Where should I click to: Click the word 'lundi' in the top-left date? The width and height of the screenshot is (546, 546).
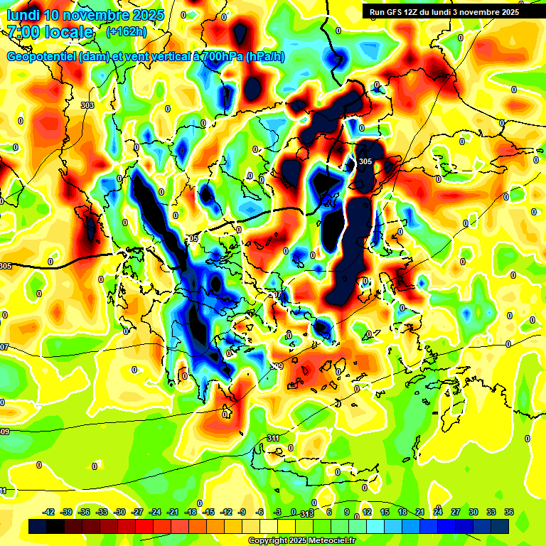pos(23,15)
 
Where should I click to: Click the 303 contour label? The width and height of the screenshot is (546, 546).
pos(87,105)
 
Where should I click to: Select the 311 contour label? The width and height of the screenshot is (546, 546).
pos(274,438)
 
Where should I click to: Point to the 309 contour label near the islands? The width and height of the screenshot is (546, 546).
pos(277,366)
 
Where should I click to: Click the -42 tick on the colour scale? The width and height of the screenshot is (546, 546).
pos(50,512)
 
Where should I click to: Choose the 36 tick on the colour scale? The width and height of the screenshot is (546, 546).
pos(508,512)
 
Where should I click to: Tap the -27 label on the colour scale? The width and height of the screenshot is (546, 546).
pos(138,512)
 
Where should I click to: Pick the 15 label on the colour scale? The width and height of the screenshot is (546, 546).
pos(385,512)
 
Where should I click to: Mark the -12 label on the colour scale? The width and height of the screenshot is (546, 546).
pos(226,512)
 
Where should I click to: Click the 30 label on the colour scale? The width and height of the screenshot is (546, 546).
pos(473,512)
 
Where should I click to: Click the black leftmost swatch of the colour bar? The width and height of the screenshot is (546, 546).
pos(38,526)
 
